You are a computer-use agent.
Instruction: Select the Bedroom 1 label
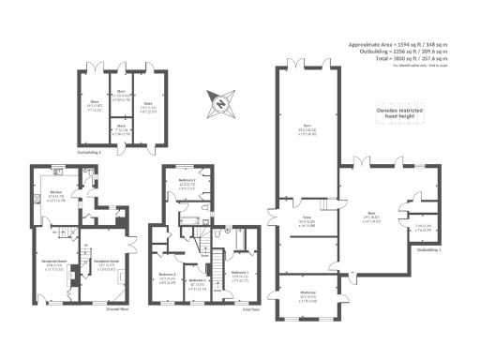239,274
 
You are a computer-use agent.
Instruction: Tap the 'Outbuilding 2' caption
91,149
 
